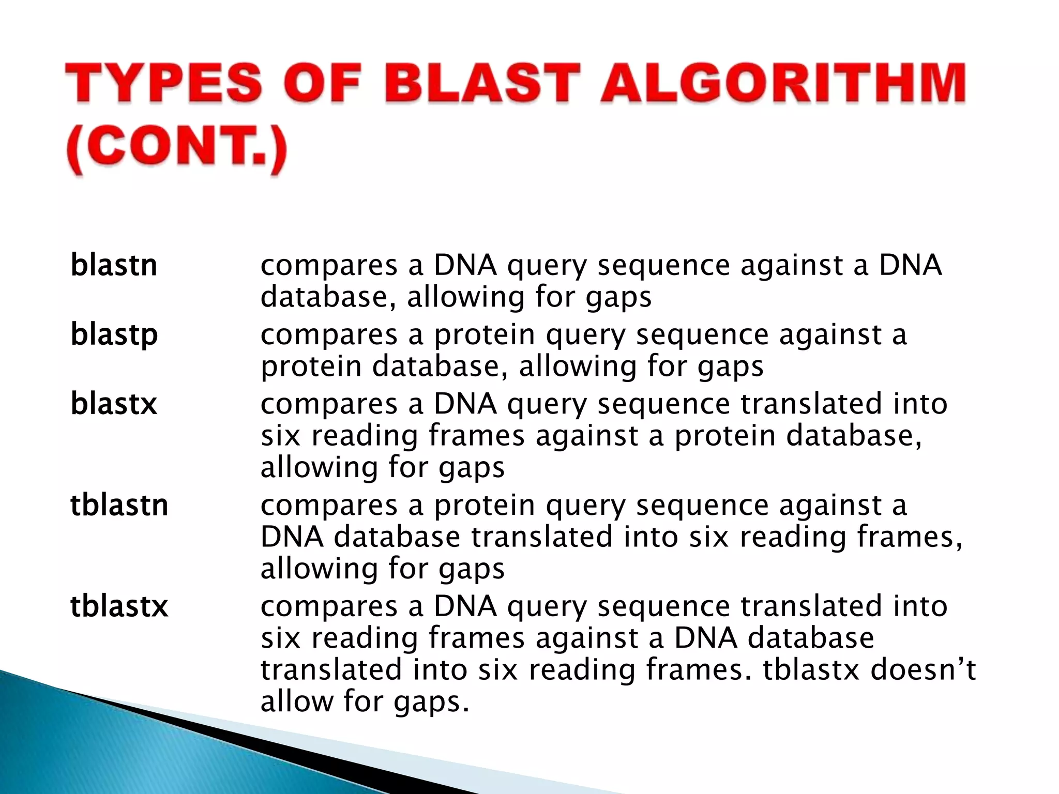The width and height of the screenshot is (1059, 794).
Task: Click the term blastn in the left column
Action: pos(113,266)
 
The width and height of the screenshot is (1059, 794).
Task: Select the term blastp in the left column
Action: pos(114,335)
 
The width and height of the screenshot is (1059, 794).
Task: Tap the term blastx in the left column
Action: pos(113,404)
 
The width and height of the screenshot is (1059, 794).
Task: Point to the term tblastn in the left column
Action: pos(119,505)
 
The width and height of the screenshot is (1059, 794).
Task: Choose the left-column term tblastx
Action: pos(119,606)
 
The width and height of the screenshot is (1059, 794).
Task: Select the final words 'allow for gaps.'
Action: pos(365,703)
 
